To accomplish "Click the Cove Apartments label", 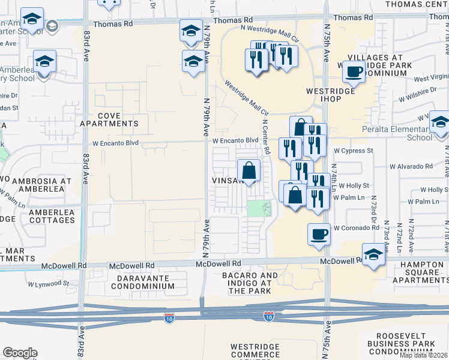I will point(109,119).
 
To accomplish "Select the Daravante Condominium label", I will point(146,283).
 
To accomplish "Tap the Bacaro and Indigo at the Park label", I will point(253,283).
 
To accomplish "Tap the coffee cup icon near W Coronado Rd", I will point(319,233).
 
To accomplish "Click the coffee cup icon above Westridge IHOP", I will point(353,73).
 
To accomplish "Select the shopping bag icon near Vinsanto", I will point(249,170).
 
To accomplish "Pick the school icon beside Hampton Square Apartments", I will point(373,254).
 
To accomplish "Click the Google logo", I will point(20,353).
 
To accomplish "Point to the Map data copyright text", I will point(424,355).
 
